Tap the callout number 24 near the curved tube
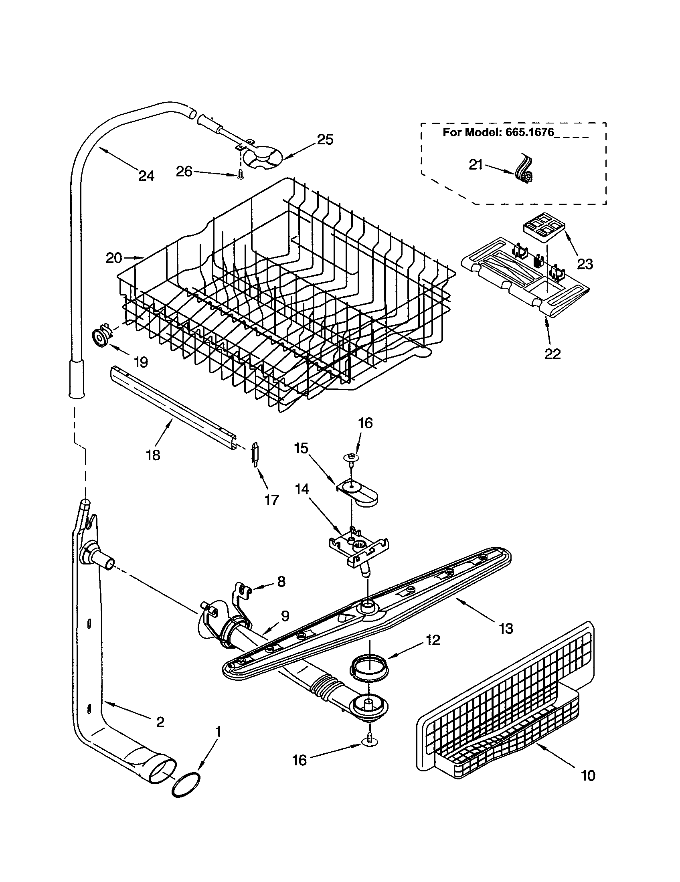coord(146,176)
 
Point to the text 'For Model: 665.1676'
coord(498,132)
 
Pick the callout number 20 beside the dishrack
coord(114,258)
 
